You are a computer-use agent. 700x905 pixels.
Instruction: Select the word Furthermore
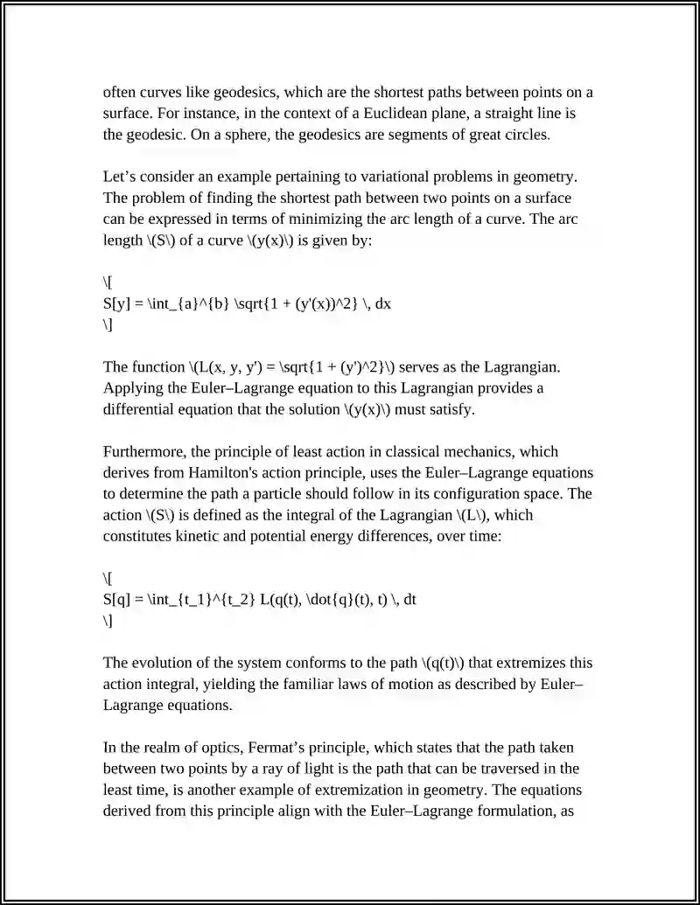click(145, 451)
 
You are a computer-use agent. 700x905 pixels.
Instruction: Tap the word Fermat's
click(278, 748)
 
